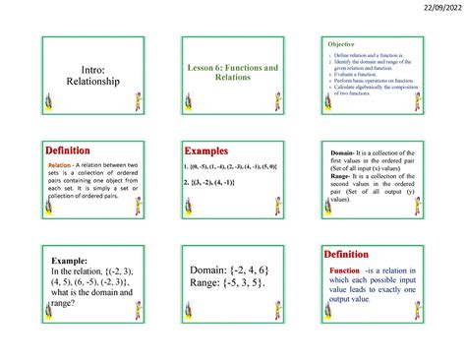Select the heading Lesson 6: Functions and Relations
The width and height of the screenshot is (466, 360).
point(232,71)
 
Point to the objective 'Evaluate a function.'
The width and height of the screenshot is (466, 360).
point(357,86)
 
